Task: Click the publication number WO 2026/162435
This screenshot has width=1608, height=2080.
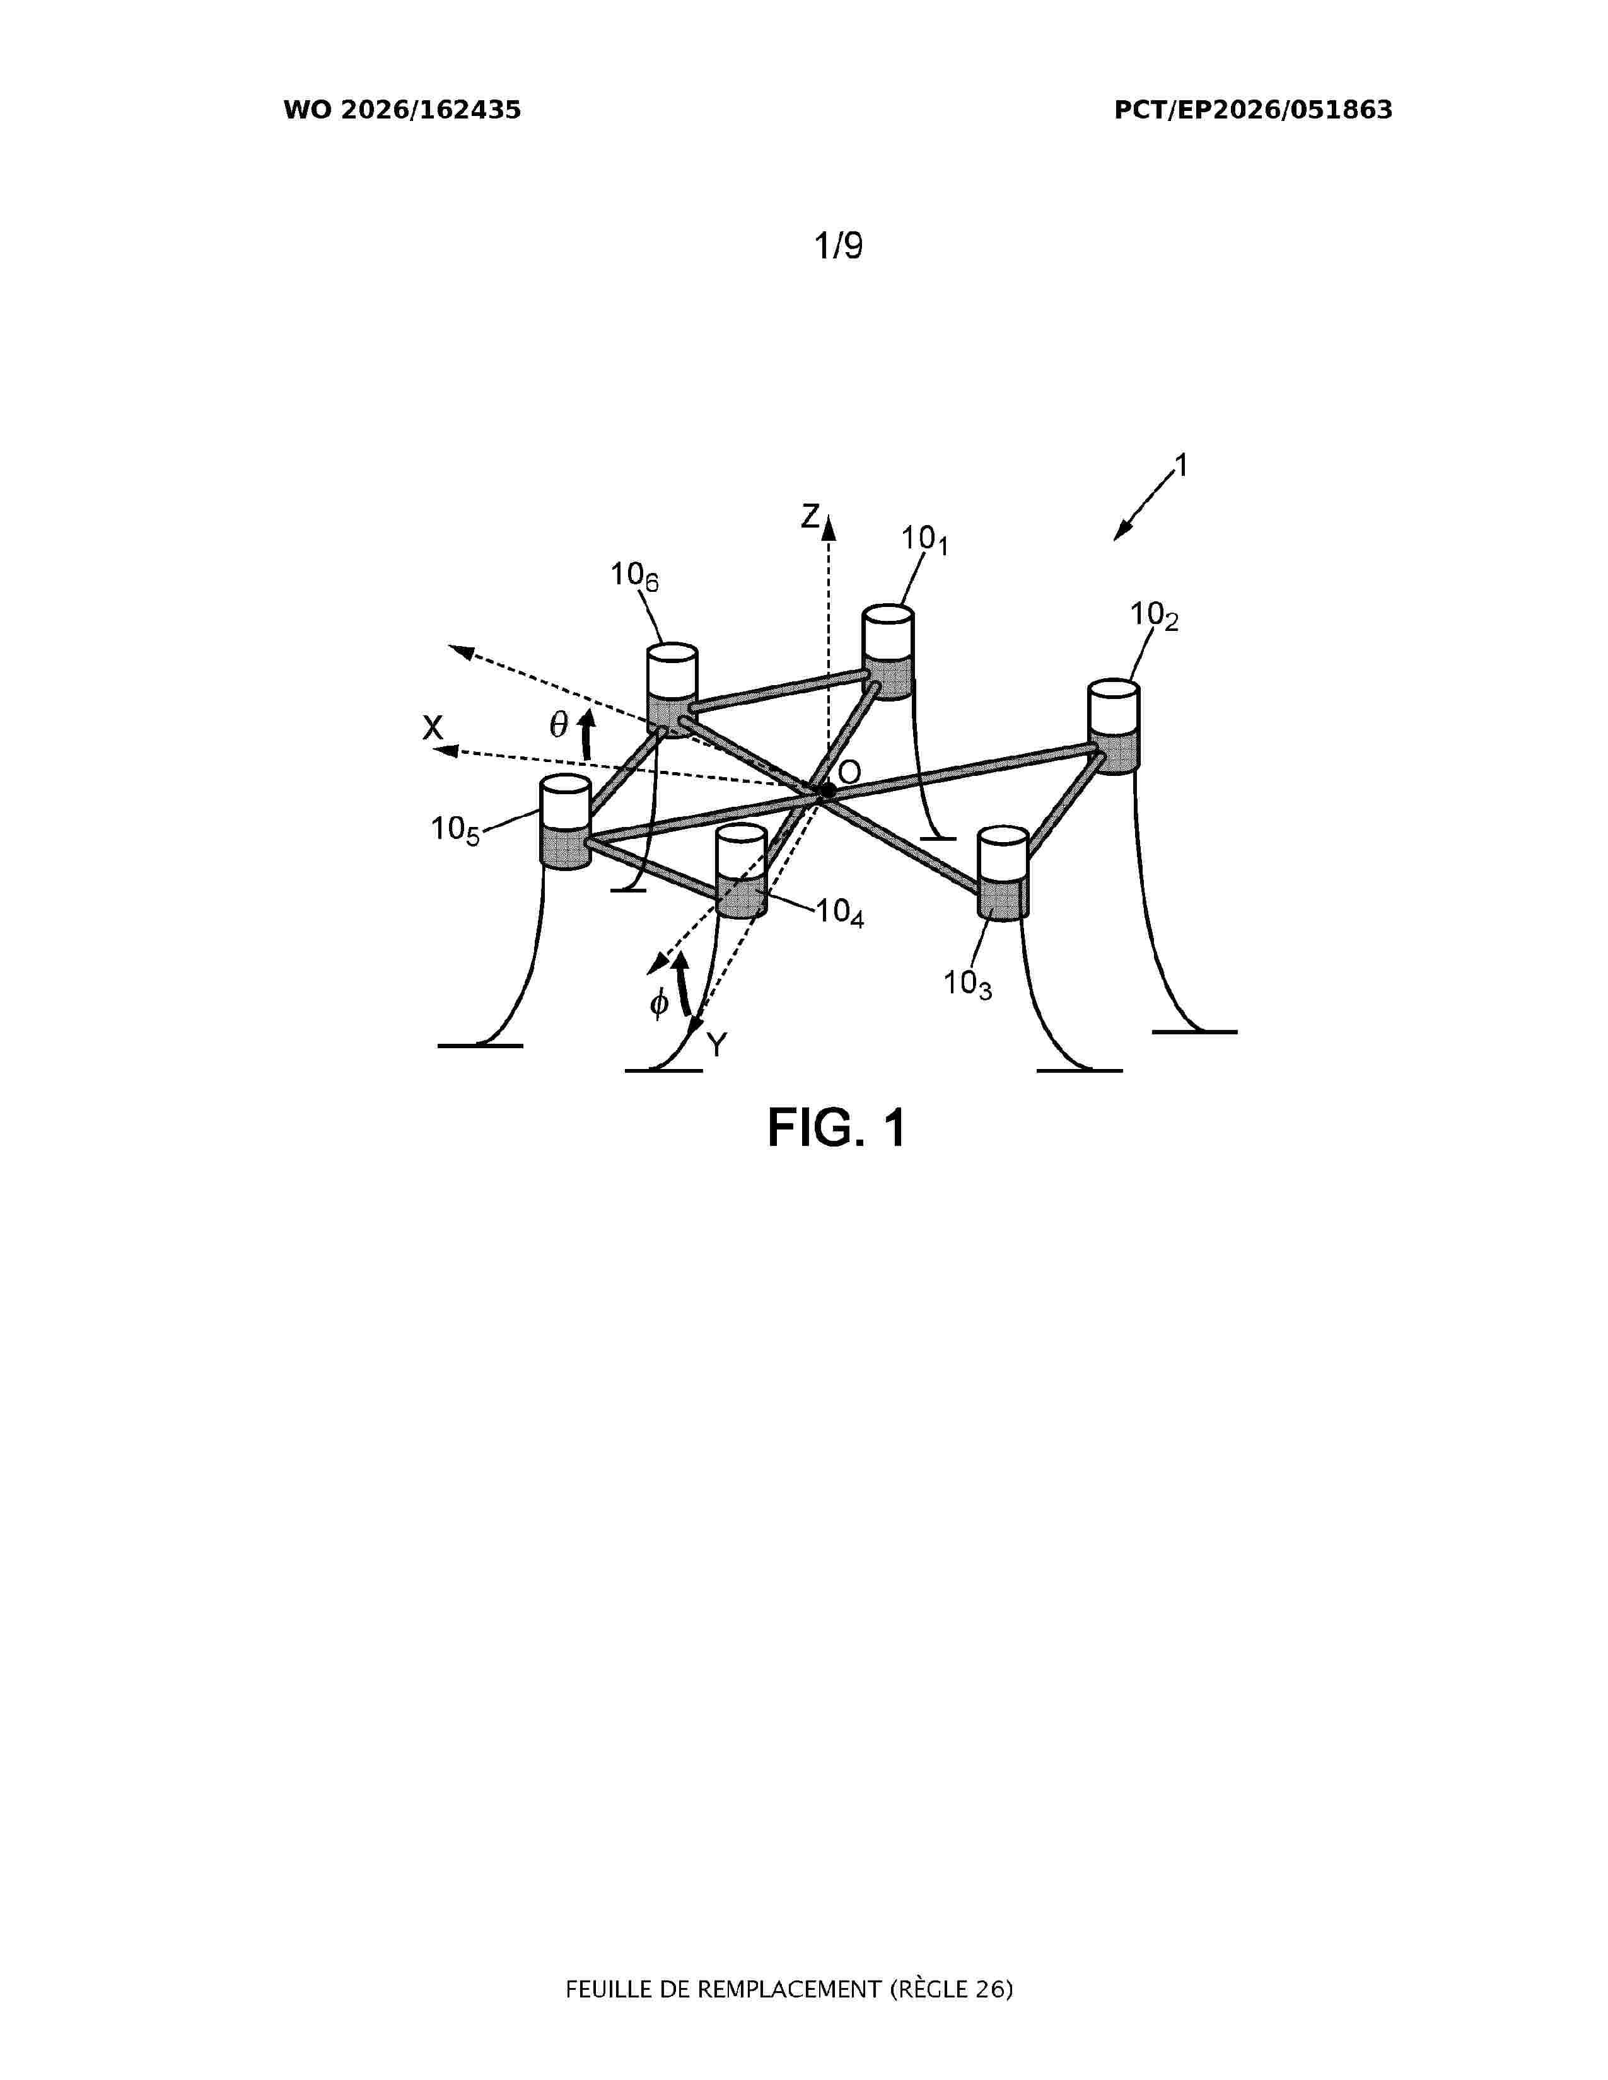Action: pos(402,110)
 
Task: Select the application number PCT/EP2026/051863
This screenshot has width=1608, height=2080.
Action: pos(1254,110)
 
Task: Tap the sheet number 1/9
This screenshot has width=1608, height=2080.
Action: pos(838,246)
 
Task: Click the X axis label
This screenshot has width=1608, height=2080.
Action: pos(433,729)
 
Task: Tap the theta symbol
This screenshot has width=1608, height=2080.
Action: pos(559,725)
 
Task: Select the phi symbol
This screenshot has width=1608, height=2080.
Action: pos(659,1004)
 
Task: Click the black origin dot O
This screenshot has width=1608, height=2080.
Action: pos(828,790)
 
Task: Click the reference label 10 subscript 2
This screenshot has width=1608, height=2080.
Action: pos(1155,616)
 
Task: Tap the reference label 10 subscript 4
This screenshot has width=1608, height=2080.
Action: pos(840,913)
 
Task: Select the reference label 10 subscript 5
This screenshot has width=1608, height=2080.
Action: pos(455,831)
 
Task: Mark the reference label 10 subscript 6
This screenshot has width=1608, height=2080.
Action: pos(634,576)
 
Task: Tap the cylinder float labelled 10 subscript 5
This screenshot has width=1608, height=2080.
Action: pos(566,823)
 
